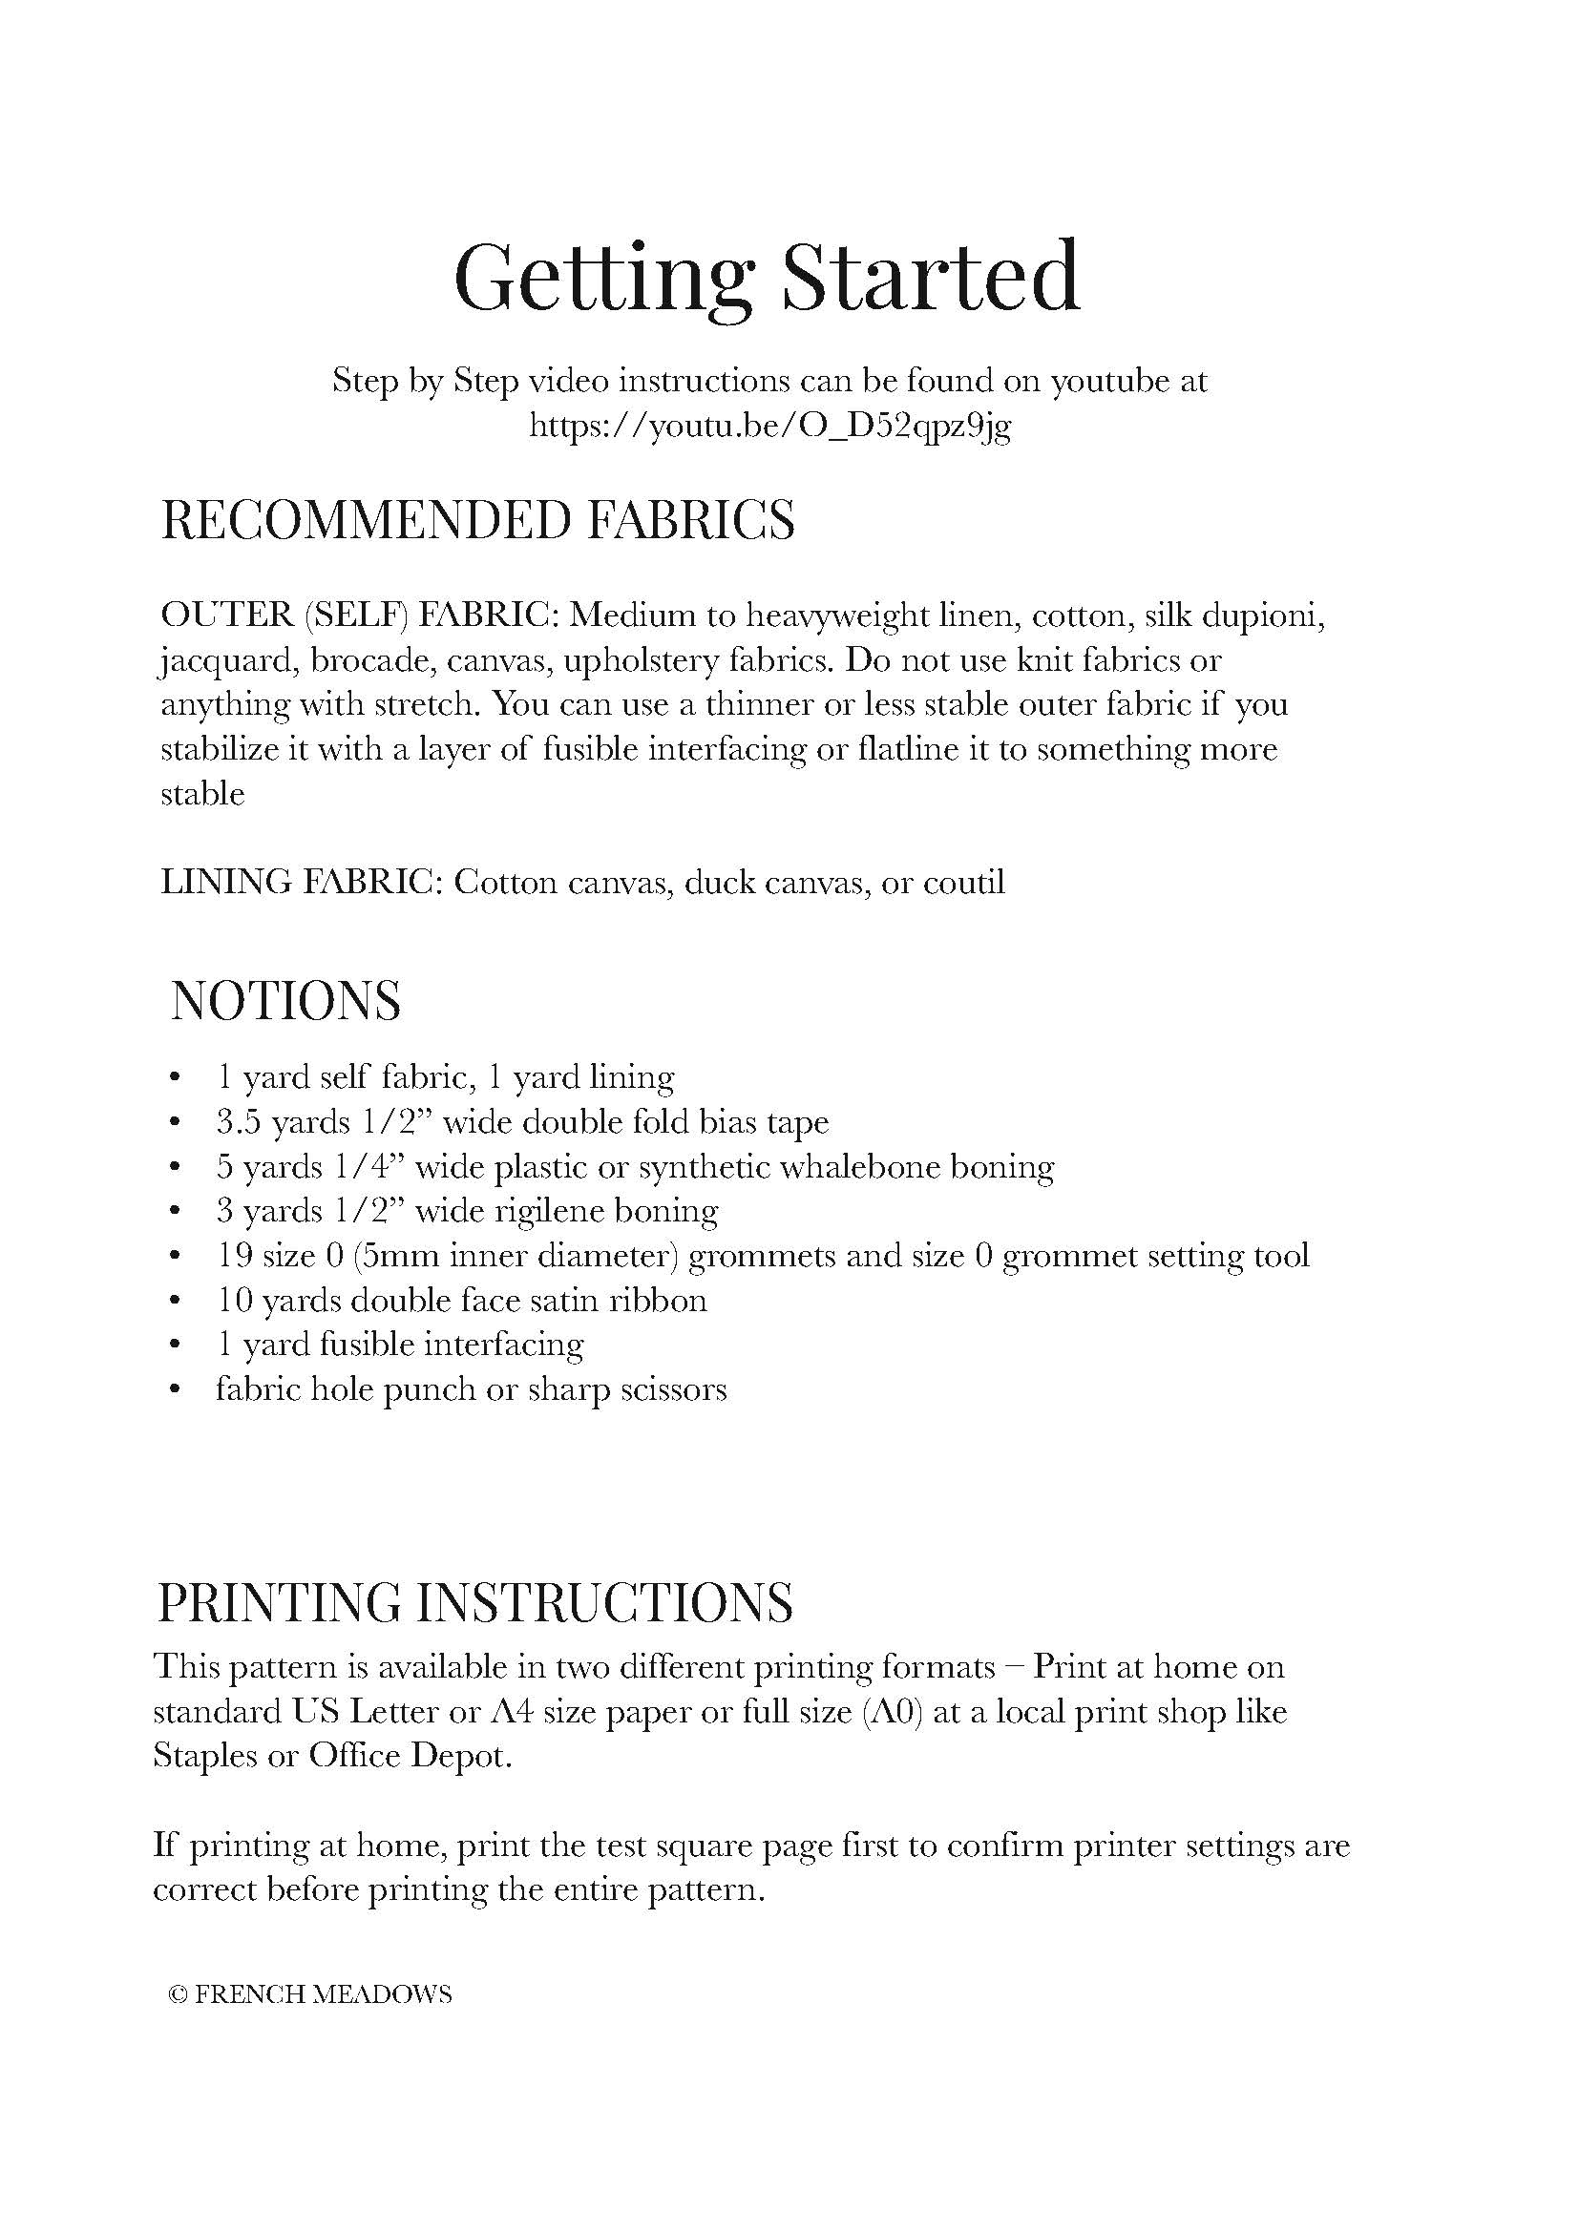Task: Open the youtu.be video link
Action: (x=770, y=426)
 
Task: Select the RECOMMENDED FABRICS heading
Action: (x=477, y=519)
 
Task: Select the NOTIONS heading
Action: (x=285, y=1000)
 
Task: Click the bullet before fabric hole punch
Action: (x=175, y=1389)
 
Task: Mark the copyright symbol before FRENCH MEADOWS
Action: (x=177, y=1994)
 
